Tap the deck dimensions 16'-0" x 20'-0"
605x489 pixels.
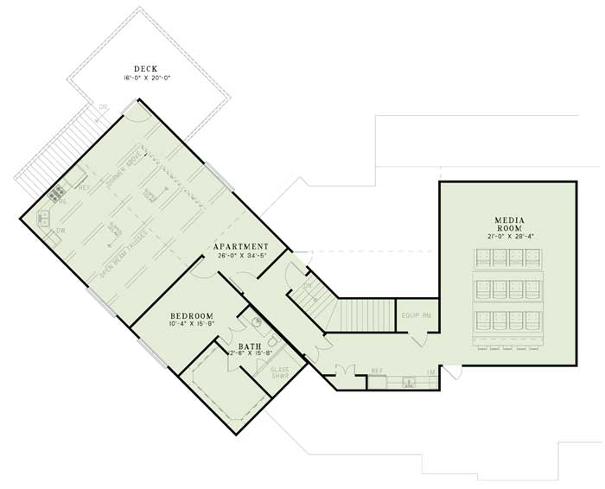[x=148, y=79]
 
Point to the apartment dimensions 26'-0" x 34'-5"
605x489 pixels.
[x=242, y=257]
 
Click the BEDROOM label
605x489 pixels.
[x=191, y=316]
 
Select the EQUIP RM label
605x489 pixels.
[x=416, y=316]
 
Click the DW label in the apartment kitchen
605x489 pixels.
[x=60, y=232]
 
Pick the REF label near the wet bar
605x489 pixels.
[x=377, y=372]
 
